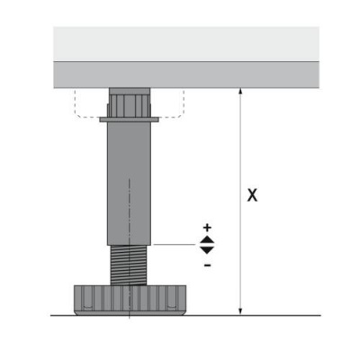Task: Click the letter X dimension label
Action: point(253,194)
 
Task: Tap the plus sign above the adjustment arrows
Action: point(207,228)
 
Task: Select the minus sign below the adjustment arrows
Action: point(207,265)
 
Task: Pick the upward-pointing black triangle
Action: point(207,239)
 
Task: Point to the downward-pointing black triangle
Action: point(207,249)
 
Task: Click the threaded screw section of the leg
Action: point(130,265)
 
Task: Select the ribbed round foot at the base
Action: point(130,300)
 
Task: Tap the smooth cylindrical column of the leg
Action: point(130,180)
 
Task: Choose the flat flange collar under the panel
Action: point(131,117)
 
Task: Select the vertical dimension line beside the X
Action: point(239,144)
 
